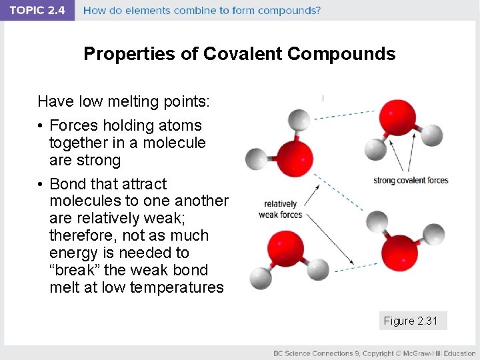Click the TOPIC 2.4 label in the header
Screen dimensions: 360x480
[x=37, y=11]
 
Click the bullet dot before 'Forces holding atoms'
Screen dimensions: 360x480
[x=41, y=125]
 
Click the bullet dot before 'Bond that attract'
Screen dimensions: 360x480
[x=41, y=184]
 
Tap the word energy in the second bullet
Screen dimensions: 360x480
[x=73, y=253]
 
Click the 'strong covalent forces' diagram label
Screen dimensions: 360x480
[x=411, y=181]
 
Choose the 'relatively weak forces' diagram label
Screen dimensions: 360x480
[x=281, y=209]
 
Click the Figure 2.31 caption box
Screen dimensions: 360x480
[x=411, y=321]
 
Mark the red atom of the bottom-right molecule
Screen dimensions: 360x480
[x=399, y=253]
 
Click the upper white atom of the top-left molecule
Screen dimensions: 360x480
[x=299, y=121]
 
